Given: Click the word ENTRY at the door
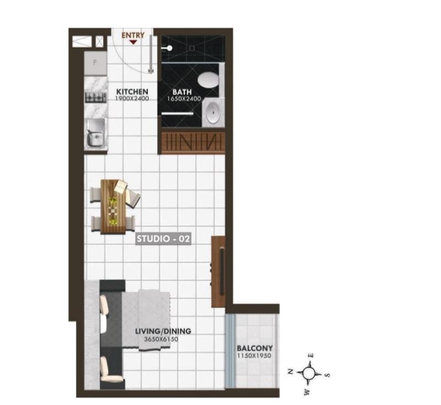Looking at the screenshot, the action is [x=133, y=35].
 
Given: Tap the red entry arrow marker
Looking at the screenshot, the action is [x=133, y=42].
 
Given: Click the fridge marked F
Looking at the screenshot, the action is [x=95, y=63].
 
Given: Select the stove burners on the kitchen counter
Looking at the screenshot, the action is [x=95, y=98].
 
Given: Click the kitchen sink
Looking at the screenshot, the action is [x=95, y=133].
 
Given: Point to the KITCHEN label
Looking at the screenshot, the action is [x=132, y=92].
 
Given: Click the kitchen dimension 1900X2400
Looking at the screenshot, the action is [x=132, y=99].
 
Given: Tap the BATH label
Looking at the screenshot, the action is [x=182, y=92].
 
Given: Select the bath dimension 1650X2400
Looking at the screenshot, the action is [x=184, y=99].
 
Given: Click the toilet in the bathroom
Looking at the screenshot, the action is [x=208, y=79].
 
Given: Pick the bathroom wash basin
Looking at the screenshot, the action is [x=213, y=113].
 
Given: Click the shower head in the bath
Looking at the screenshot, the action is [x=168, y=49].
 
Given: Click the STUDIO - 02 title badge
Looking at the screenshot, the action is [x=163, y=239].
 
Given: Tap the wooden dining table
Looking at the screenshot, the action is [x=113, y=207].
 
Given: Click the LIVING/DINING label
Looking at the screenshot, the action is [x=163, y=331].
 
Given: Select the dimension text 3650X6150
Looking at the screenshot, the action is [x=161, y=339].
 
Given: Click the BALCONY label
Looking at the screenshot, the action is [x=255, y=348].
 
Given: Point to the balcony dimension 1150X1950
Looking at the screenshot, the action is [x=255, y=356].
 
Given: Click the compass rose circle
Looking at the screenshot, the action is [x=309, y=374].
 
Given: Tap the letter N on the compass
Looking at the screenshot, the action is [x=291, y=371].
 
